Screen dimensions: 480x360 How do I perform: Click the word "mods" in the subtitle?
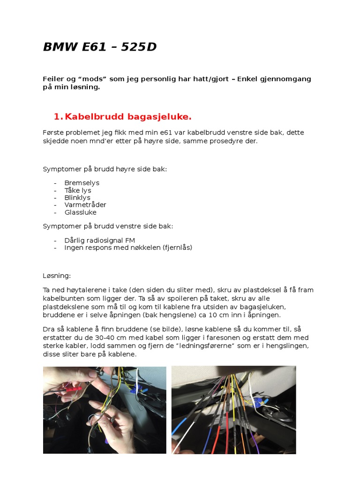click(x=95, y=79)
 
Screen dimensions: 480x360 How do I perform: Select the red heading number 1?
click(x=57, y=116)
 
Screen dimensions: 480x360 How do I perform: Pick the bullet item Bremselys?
click(x=82, y=183)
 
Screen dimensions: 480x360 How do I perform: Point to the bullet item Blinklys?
click(x=77, y=197)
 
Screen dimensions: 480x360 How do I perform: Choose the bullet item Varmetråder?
click(x=85, y=205)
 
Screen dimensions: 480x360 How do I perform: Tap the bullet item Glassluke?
click(x=80, y=212)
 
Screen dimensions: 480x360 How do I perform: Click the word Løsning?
click(x=57, y=276)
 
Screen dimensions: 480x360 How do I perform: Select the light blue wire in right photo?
click(x=179, y=429)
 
